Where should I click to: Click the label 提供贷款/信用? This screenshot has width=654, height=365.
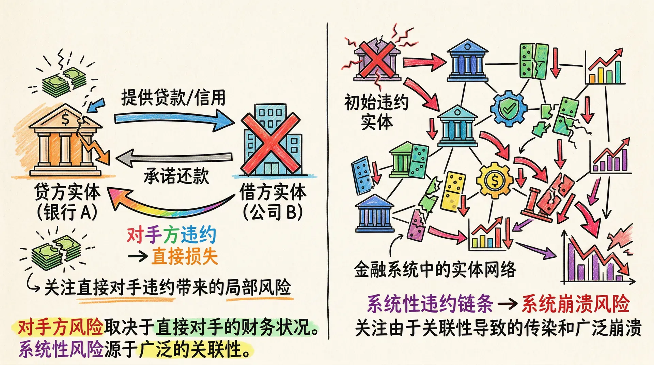(x=173, y=98)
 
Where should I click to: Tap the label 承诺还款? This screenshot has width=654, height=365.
(x=176, y=176)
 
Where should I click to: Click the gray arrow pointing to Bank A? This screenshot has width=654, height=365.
(x=174, y=157)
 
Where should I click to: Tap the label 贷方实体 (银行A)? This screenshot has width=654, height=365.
(x=67, y=202)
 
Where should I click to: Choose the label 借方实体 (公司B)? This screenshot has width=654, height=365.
(x=273, y=202)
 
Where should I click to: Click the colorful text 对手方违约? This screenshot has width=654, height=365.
(x=171, y=235)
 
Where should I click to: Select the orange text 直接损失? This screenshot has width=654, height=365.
(x=184, y=256)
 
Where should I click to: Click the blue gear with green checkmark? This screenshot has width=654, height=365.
(x=509, y=108)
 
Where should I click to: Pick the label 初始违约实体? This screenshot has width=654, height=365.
(x=376, y=112)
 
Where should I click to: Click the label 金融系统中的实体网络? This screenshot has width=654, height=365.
(x=435, y=270)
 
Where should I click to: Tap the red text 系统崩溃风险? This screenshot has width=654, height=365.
(x=576, y=304)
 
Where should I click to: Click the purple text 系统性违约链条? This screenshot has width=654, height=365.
(x=430, y=304)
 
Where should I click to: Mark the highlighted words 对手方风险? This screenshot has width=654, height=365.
(x=60, y=327)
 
